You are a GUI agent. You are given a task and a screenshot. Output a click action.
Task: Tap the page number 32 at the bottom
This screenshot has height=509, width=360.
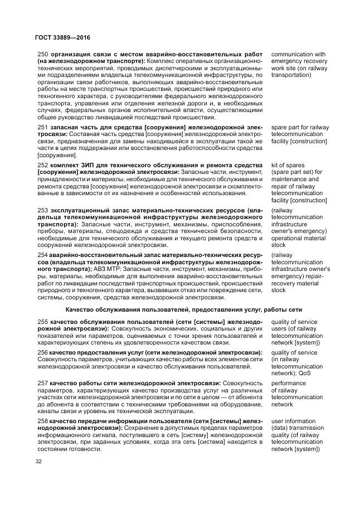click(x=39, y=462)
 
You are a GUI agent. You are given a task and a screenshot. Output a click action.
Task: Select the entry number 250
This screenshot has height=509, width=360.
click(x=42, y=55)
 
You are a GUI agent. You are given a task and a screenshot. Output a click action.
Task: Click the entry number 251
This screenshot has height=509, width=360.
click(x=42, y=128)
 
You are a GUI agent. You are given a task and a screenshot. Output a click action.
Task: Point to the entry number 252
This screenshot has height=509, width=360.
click(x=42, y=166)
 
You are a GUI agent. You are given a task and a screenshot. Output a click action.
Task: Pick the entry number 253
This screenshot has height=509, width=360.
click(x=42, y=210)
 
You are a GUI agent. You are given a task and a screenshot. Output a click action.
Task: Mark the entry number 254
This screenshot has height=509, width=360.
click(x=42, y=254)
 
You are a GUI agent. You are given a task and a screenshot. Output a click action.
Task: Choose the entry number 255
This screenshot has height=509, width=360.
click(x=42, y=322)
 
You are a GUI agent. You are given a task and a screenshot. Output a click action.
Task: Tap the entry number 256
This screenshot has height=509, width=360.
click(x=42, y=353)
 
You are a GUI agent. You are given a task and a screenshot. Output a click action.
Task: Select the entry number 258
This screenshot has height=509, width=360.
click(x=42, y=421)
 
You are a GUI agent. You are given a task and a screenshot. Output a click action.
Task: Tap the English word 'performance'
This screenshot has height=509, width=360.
click(x=289, y=384)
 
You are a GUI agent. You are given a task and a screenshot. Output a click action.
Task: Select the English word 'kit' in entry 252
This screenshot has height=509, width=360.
click(x=275, y=166)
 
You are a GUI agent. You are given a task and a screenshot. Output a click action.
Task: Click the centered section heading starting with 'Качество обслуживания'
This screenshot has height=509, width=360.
click(x=183, y=309)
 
